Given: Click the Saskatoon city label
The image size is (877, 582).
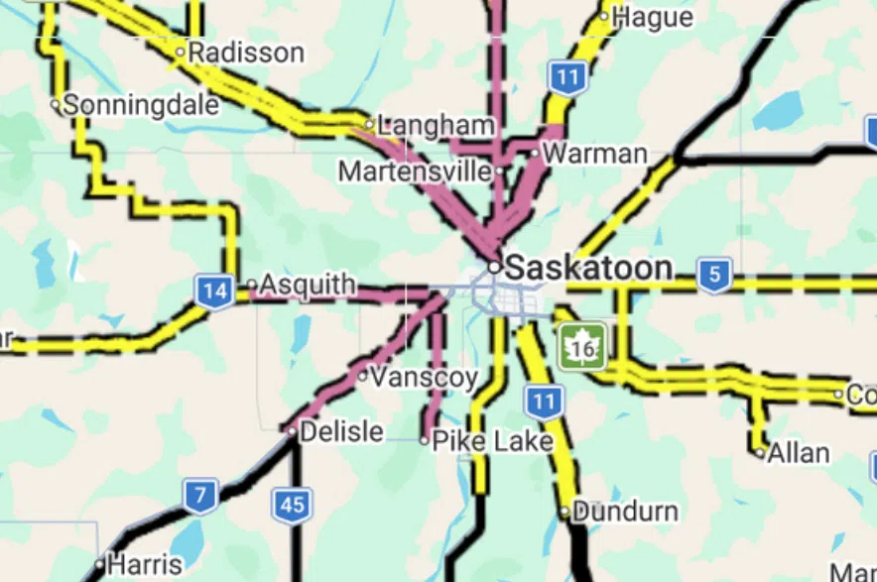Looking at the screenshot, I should pos(588,267).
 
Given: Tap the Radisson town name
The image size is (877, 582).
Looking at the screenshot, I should pos(245,53).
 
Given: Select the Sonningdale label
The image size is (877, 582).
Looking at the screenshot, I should pos(141,105).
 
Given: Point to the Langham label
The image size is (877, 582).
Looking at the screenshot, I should pos(436,125).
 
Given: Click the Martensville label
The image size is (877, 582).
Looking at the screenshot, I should pos(415,172).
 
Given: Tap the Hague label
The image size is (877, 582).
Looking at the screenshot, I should pos(652,17).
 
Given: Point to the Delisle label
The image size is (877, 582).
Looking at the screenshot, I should pos(341,431).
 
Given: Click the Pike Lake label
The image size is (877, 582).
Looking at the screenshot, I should pos(492,440).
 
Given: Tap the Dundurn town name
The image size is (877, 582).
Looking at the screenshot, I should pos(625,513).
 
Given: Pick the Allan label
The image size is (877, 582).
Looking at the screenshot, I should pos(799,453).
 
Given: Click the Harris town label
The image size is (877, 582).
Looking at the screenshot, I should pos(144,565).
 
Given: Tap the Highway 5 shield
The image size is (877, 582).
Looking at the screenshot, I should pos(714,275).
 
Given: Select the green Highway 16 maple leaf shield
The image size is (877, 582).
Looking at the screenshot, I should pos(580,346).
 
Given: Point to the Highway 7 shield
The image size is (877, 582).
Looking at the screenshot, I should pos(200,496).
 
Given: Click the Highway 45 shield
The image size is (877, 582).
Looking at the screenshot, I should pos(292,505).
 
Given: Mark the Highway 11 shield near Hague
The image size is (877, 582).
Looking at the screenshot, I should pos(566,76).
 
